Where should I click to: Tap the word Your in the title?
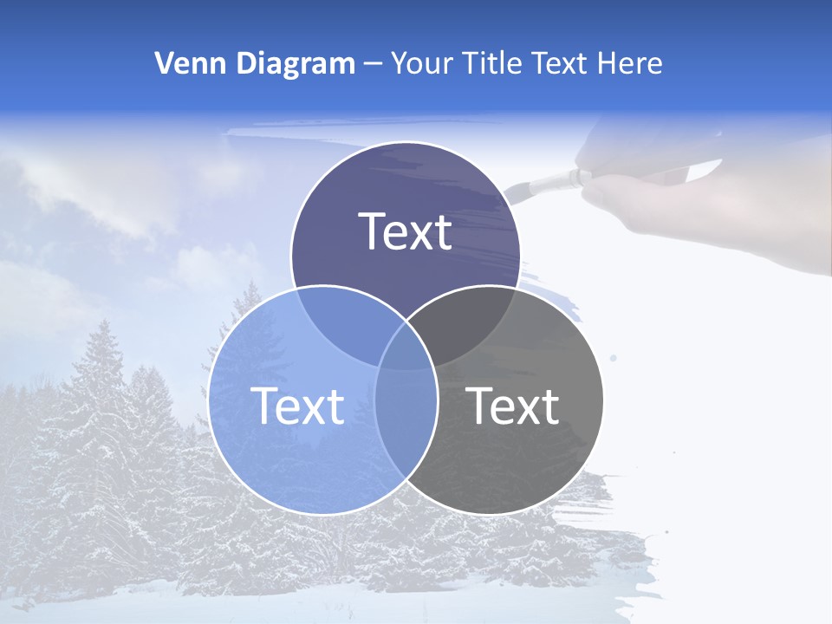tap(422, 63)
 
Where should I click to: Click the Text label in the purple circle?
tap(406, 231)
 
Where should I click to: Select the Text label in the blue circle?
tap(297, 406)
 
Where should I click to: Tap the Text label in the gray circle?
tap(513, 406)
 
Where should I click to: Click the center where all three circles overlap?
tap(406, 351)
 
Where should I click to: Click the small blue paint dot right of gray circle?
tap(614, 357)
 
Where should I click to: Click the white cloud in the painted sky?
tap(87, 191)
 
